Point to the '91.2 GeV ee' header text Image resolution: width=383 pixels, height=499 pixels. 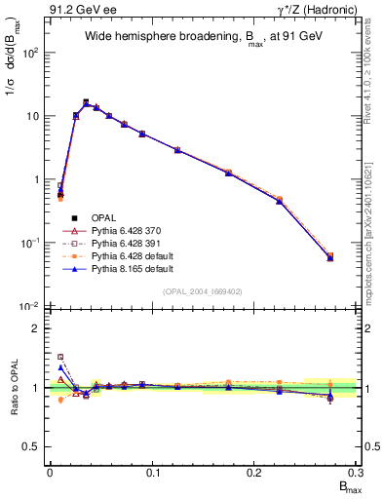pyautogui.click(x=77, y=9)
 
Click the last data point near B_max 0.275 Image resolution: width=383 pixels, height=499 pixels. pyautogui.click(x=330, y=257)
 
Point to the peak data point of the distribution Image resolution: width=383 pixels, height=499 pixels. pyautogui.click(x=86, y=101)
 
